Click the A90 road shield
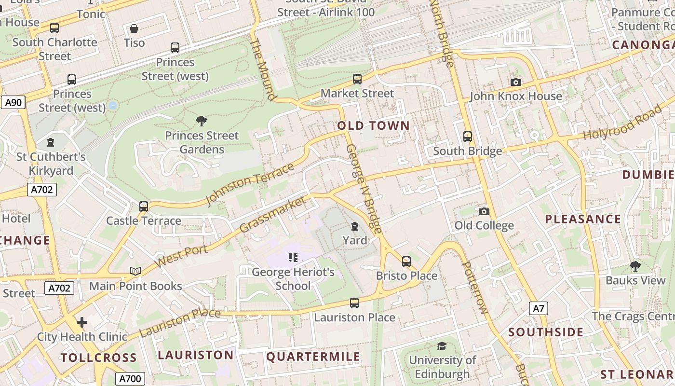13,102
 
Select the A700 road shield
130,379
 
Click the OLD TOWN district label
373,126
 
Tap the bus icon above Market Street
357,79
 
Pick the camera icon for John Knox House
516,83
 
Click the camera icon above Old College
484,211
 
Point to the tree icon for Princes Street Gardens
202,121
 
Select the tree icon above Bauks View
635,266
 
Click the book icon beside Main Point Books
135,272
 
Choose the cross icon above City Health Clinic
82,322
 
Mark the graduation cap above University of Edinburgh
442,346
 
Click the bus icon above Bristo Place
406,262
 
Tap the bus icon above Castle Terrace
144,207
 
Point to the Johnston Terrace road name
250,184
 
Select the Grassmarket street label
272,214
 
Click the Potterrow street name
475,287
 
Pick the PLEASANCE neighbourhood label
583,219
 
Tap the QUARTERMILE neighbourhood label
313,357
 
